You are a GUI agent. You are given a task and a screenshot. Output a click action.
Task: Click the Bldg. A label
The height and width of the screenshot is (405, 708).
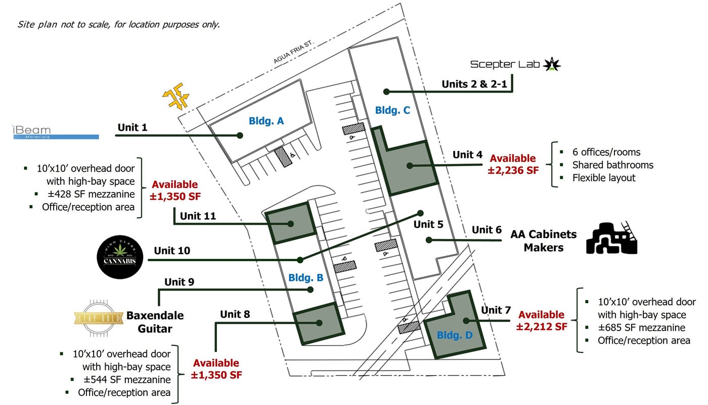266,121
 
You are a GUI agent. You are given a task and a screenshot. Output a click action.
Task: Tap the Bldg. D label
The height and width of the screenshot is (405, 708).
454,335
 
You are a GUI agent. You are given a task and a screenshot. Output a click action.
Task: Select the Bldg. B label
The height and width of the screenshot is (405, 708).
305,277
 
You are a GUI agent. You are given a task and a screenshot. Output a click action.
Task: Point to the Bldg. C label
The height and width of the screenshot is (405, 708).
392,110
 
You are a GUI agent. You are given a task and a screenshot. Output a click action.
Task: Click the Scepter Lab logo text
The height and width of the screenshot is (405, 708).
504,64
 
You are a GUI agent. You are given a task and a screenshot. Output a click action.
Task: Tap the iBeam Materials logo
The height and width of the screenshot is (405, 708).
55,132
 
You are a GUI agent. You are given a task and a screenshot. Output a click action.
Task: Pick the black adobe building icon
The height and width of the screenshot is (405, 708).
611,238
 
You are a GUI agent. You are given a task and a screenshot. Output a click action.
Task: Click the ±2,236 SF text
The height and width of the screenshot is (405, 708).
513,171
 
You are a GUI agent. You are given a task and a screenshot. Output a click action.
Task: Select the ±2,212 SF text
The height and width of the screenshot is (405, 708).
542,327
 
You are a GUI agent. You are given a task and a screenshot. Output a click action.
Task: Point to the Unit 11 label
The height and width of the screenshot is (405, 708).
198,216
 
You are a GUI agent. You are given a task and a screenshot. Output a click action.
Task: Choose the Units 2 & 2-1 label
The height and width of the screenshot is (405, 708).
474,84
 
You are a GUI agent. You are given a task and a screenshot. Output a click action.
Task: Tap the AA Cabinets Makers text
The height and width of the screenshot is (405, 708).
544,241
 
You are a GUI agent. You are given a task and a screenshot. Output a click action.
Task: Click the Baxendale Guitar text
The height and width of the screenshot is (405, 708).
149,322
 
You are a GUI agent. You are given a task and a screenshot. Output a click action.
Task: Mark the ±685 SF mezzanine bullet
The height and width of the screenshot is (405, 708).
641,328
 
